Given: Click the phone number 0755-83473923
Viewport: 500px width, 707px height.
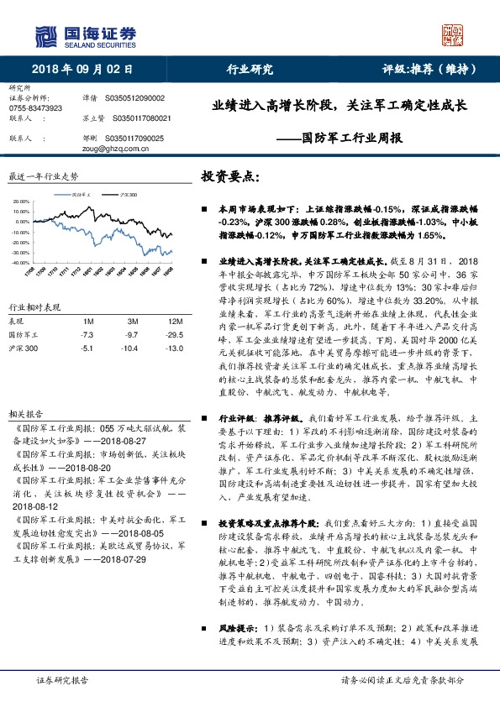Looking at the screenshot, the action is tap(36, 109).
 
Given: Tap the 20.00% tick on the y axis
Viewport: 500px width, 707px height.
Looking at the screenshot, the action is tap(19, 202).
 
